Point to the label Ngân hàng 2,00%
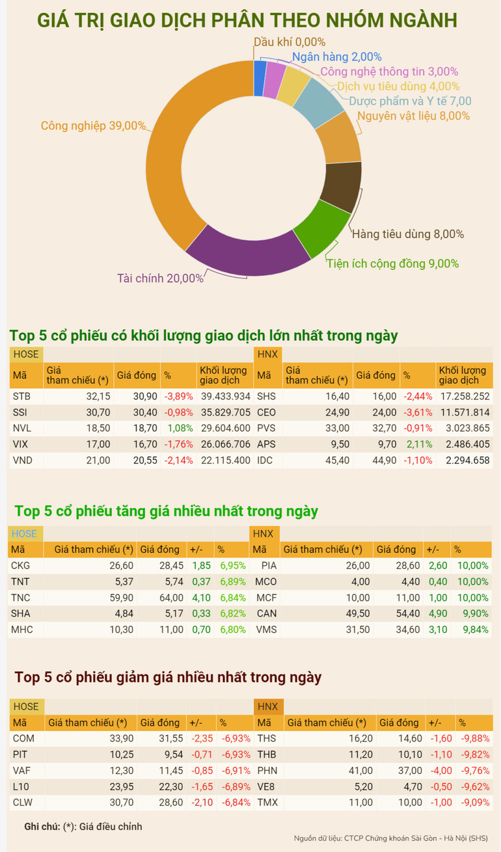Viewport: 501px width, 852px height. (x=336, y=57)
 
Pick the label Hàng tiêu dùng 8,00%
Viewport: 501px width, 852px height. (x=407, y=234)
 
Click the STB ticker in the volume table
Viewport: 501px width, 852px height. (x=21, y=396)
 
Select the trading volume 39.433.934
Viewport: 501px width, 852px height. (x=224, y=396)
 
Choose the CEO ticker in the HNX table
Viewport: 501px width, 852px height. (x=266, y=412)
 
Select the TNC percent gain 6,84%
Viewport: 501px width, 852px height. (x=232, y=598)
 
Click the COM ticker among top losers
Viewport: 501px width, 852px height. (x=23, y=739)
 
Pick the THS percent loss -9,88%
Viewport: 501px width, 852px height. (x=474, y=739)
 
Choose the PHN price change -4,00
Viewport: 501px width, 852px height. (x=441, y=771)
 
